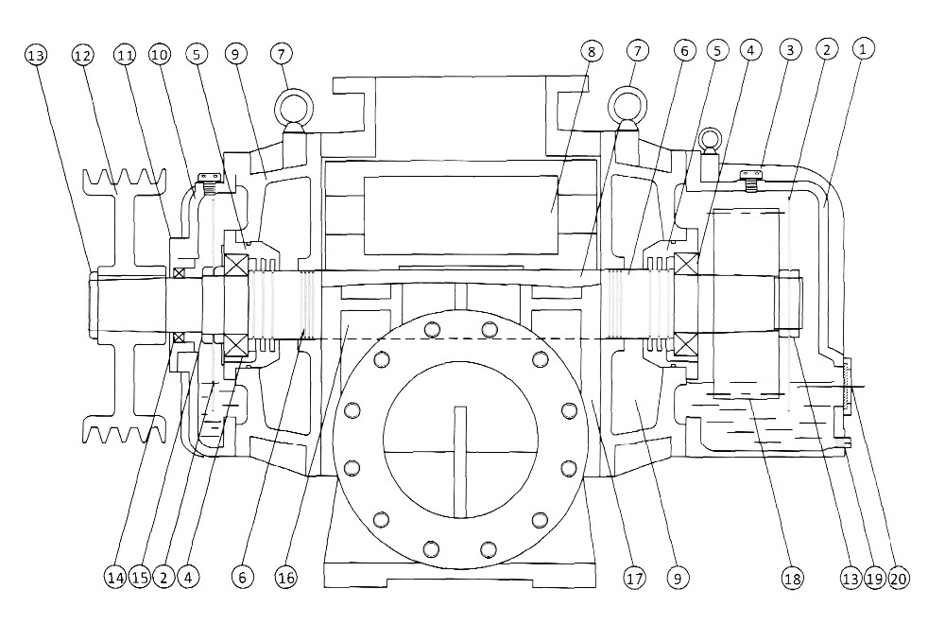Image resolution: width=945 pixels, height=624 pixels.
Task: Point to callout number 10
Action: (x=161, y=55)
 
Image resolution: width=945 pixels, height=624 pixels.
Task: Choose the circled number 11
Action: (x=124, y=55)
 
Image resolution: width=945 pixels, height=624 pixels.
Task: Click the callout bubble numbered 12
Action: (x=84, y=55)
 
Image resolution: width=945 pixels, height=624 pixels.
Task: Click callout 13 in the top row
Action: (x=36, y=55)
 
